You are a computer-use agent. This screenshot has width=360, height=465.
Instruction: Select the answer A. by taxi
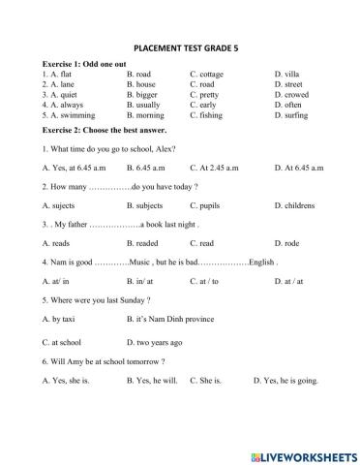point(60,319)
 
